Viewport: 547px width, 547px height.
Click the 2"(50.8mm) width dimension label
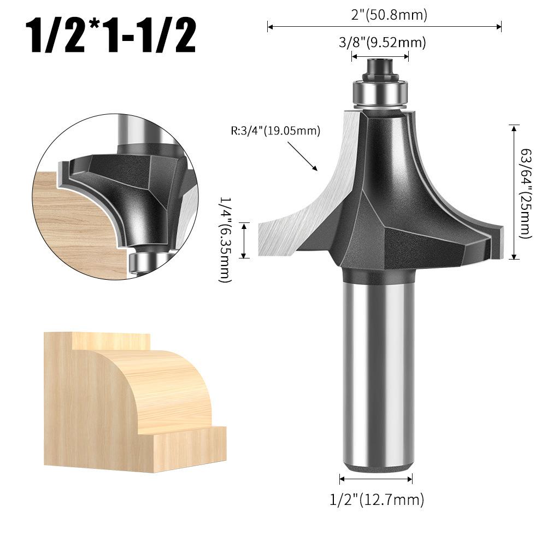tap(389, 15)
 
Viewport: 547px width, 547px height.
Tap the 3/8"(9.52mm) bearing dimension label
tap(383, 43)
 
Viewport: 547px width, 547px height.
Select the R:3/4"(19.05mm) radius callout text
tap(275, 131)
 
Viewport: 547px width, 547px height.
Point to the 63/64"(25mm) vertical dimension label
tap(526, 193)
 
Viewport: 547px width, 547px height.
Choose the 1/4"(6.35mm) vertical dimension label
tap(225, 240)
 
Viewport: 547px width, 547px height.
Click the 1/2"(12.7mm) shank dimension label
tap(377, 499)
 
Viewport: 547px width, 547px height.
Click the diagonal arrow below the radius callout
tap(302, 156)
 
